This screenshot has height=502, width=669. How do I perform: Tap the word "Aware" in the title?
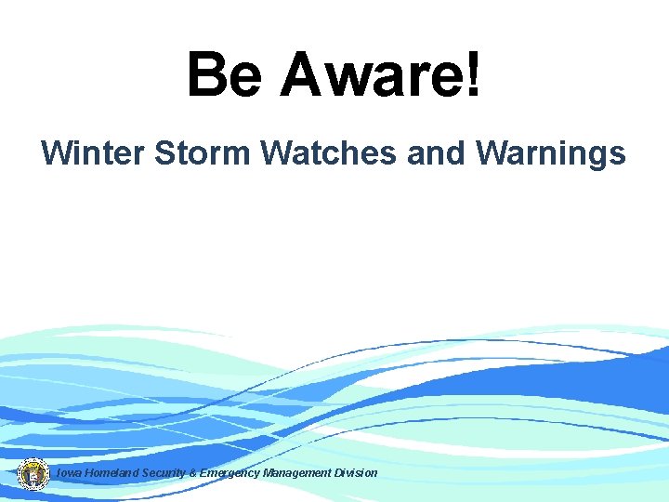point(372,74)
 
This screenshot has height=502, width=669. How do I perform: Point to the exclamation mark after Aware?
point(472,74)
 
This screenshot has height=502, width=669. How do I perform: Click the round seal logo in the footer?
point(33,473)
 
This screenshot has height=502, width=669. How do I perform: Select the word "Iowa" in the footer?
point(69,473)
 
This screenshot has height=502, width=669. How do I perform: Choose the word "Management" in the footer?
point(296,473)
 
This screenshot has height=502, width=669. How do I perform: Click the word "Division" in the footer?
point(356,473)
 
